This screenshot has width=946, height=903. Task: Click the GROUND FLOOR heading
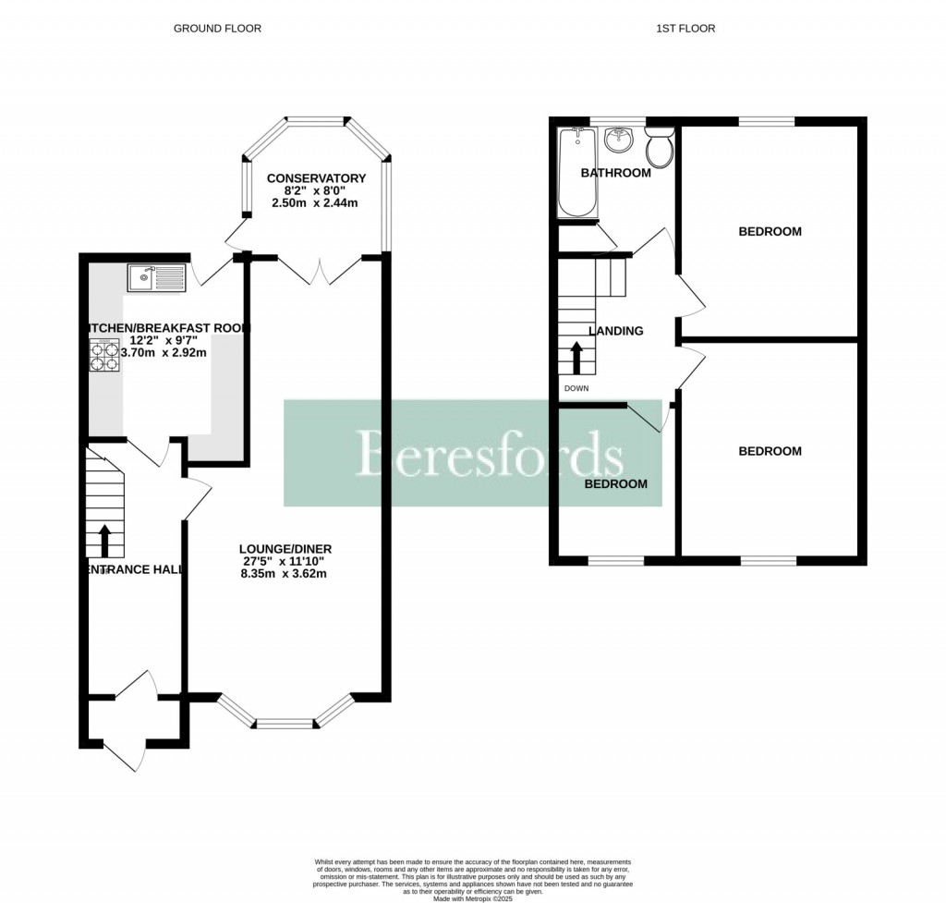coord(217,29)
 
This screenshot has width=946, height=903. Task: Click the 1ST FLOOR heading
coord(685,29)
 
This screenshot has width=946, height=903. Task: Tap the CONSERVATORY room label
coord(316,178)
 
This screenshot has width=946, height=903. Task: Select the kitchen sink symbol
coord(156,275)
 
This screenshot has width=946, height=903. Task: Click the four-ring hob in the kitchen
coord(105,356)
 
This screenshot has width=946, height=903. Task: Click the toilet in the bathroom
coord(660,148)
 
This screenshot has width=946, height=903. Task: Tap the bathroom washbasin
coord(618,141)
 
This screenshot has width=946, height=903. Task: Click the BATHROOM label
coord(615,173)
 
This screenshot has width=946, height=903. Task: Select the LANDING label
coord(616,331)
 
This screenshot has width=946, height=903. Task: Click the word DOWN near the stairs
coord(576,388)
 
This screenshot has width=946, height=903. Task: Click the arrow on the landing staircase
coord(576,357)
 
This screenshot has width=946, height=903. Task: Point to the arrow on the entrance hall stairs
coord(104,541)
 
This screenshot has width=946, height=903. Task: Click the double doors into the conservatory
coord(319,268)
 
